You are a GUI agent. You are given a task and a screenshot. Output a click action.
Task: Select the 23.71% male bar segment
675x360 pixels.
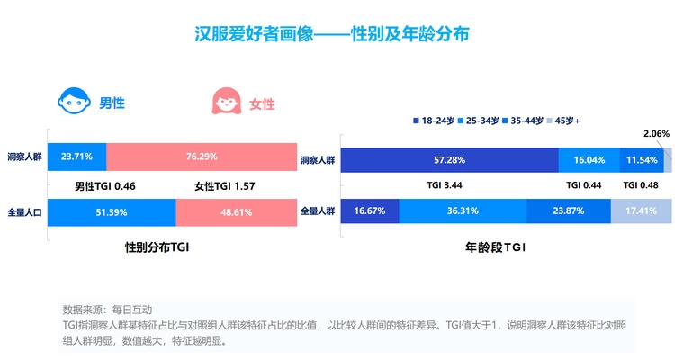click(x=76, y=157)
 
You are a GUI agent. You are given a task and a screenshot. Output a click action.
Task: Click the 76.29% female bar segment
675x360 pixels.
click(x=202, y=157)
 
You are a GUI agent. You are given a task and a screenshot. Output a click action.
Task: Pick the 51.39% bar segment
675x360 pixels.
click(x=112, y=213)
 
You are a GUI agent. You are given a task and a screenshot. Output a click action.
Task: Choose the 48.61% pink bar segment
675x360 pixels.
click(x=236, y=213)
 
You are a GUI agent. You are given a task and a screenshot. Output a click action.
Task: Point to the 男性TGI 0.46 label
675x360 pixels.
click(x=105, y=186)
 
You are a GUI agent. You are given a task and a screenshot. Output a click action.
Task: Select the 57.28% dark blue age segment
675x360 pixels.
click(x=451, y=160)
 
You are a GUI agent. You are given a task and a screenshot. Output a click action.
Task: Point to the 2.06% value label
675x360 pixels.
click(x=657, y=134)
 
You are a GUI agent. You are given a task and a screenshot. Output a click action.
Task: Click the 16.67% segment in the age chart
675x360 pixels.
click(x=370, y=211)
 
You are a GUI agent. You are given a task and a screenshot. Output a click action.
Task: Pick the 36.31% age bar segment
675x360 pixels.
click(x=463, y=211)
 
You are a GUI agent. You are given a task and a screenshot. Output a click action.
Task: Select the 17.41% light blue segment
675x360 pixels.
click(x=643, y=211)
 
